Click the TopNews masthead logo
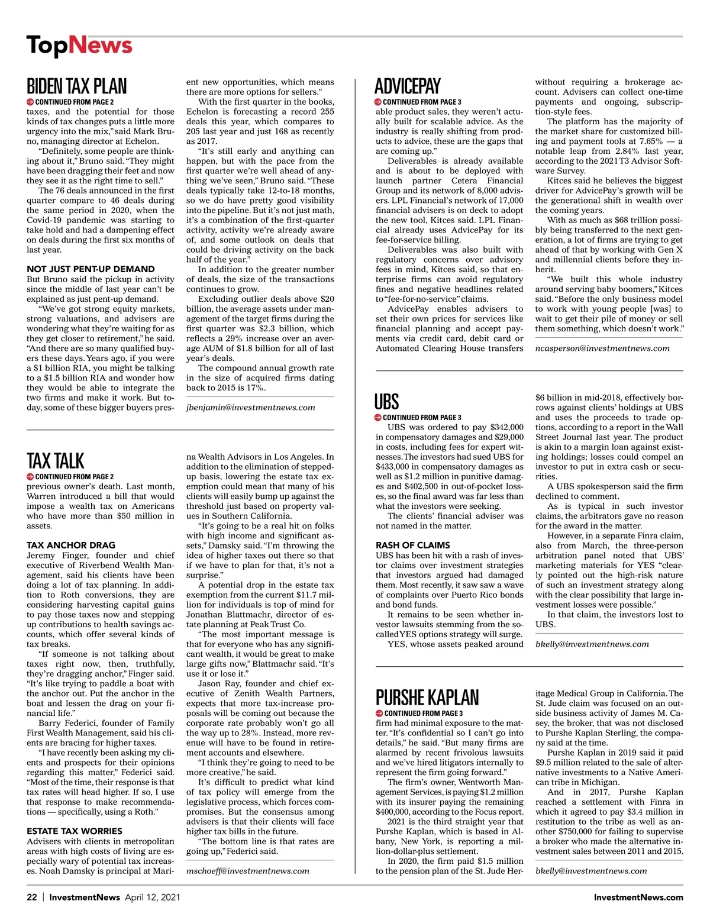point(79,46)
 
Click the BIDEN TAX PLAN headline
point(76,86)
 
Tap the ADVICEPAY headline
point(408,86)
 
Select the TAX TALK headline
point(56,461)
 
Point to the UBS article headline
point(386,402)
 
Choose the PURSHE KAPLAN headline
point(427,698)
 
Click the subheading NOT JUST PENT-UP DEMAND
point(91,269)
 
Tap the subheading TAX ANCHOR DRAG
point(71,545)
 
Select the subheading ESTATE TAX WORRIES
point(75,831)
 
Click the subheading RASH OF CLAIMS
point(413,545)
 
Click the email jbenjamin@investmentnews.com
point(251,407)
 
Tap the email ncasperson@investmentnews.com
point(602,348)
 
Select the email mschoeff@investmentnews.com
point(248,870)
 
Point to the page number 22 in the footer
point(32,897)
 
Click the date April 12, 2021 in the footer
point(153,897)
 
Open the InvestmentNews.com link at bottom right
point(638,897)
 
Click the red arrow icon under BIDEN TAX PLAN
point(30,102)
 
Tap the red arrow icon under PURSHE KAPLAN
point(379,713)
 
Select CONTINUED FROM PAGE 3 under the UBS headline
point(422,417)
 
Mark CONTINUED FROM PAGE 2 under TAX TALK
point(75,476)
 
